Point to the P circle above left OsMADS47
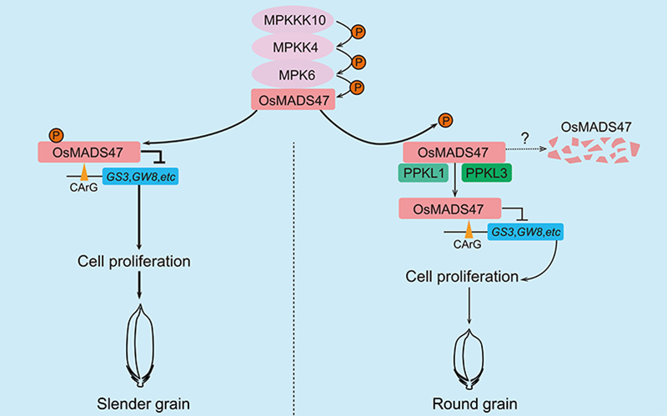coord(56,134)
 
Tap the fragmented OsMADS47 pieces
coord(596,151)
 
